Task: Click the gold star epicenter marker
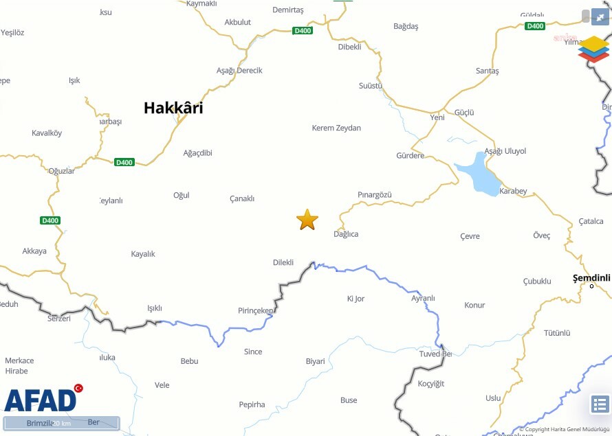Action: pyautogui.click(x=307, y=220)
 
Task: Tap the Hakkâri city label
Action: pyautogui.click(x=173, y=108)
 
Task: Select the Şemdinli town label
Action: pyautogui.click(x=591, y=277)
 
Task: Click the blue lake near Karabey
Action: pyautogui.click(x=477, y=174)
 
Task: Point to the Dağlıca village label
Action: pyautogui.click(x=346, y=234)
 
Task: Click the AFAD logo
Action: pyautogui.click(x=41, y=400)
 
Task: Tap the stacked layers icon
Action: pyautogui.click(x=593, y=49)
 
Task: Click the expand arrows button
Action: pyautogui.click(x=600, y=16)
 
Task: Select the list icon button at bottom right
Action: pyautogui.click(x=600, y=405)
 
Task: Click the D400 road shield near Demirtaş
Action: pyautogui.click(x=302, y=30)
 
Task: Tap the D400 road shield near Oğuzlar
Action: pyautogui.click(x=124, y=163)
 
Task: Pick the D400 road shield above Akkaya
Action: pyautogui.click(x=50, y=220)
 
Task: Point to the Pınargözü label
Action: pyautogui.click(x=375, y=195)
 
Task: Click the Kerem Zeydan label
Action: pyautogui.click(x=336, y=128)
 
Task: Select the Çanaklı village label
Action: pyautogui.click(x=242, y=198)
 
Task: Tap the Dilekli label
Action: pyautogui.click(x=283, y=262)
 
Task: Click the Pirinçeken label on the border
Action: pyautogui.click(x=256, y=311)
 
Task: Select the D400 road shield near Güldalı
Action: pyautogui.click(x=534, y=26)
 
